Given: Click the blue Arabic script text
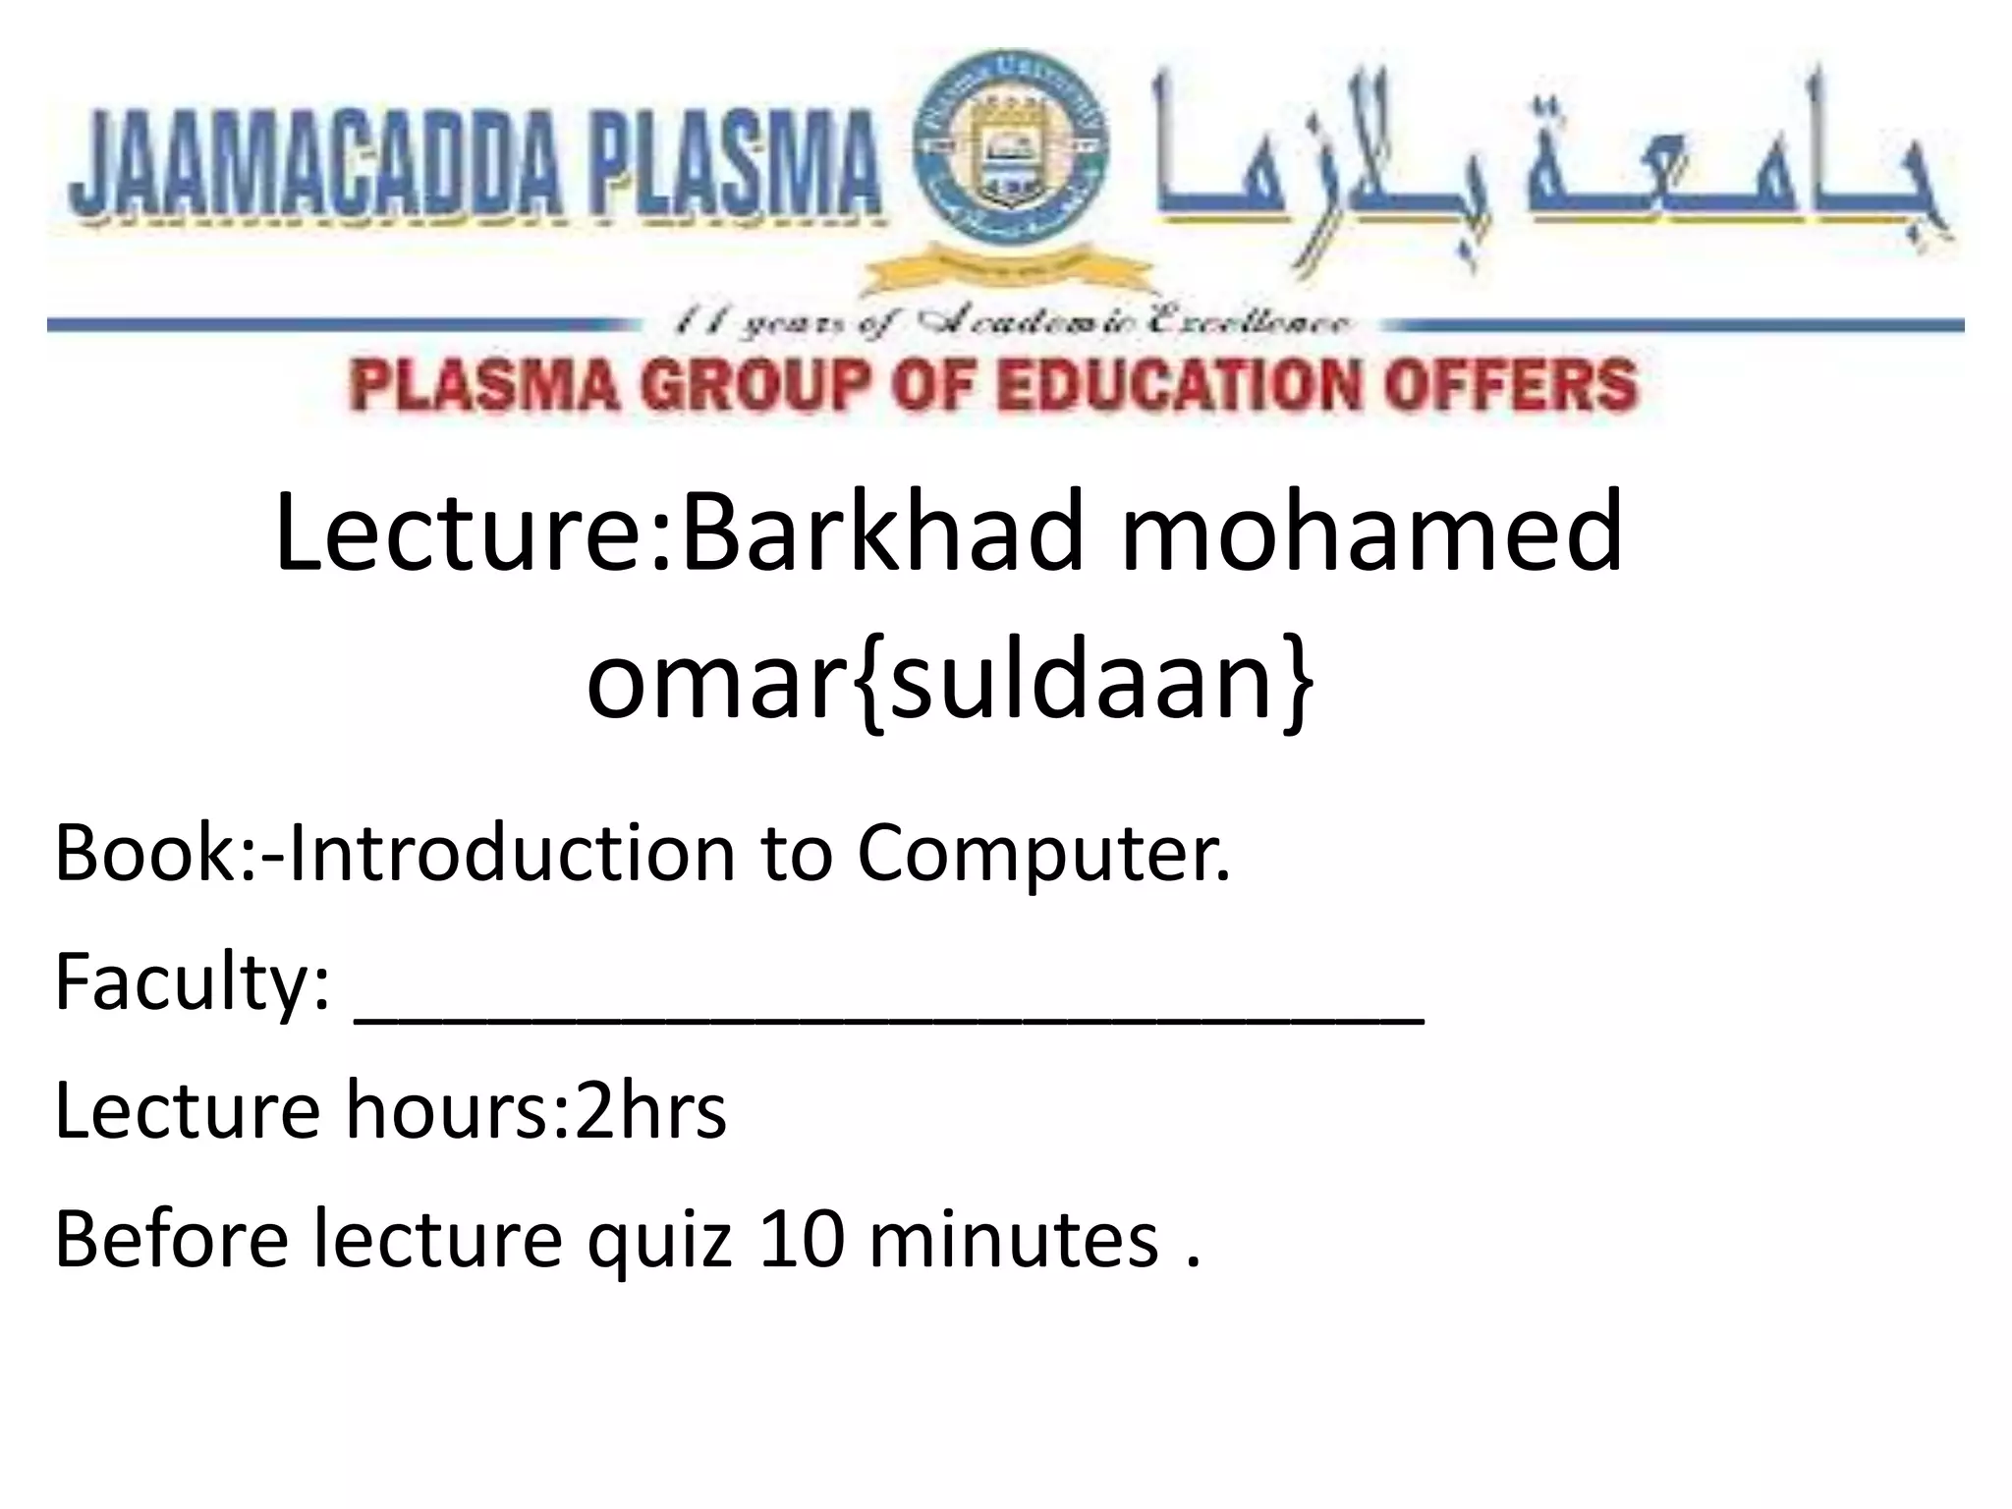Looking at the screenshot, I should click(1542, 167).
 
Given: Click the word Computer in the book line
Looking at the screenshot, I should click(1041, 853).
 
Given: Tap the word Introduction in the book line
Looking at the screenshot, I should click(511, 853).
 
